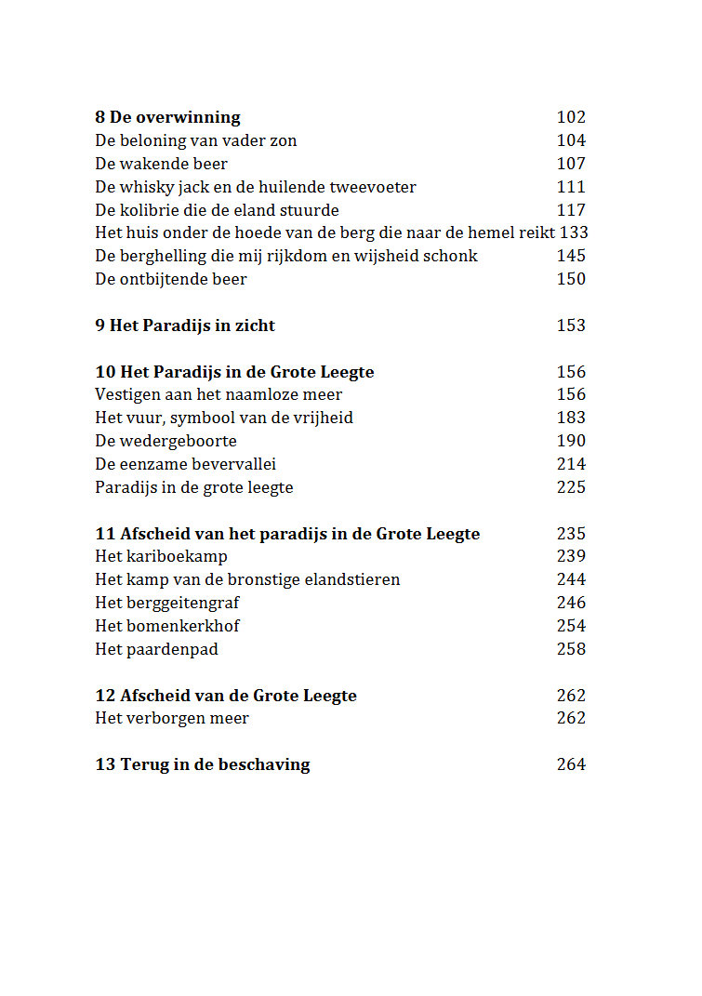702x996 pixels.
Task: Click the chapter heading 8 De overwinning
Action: [167, 117]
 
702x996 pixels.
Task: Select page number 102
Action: [571, 117]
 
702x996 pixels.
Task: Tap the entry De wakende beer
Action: [161, 164]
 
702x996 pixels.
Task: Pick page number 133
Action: [574, 232]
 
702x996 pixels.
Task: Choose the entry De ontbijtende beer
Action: [171, 279]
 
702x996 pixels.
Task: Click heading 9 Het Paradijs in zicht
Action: [185, 325]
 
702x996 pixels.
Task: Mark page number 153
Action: [571, 325]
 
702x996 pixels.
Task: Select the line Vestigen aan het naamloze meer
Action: [219, 394]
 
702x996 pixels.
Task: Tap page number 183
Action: [571, 418]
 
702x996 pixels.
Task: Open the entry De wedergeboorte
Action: [166, 441]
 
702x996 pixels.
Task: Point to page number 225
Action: [571, 487]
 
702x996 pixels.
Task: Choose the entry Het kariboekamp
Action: [161, 556]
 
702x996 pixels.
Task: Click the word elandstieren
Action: [353, 579]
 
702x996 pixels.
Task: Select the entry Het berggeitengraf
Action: [167, 603]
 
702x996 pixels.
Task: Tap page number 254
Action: [571, 626]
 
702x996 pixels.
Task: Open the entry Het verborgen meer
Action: [172, 718]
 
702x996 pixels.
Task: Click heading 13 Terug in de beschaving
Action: [203, 764]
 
